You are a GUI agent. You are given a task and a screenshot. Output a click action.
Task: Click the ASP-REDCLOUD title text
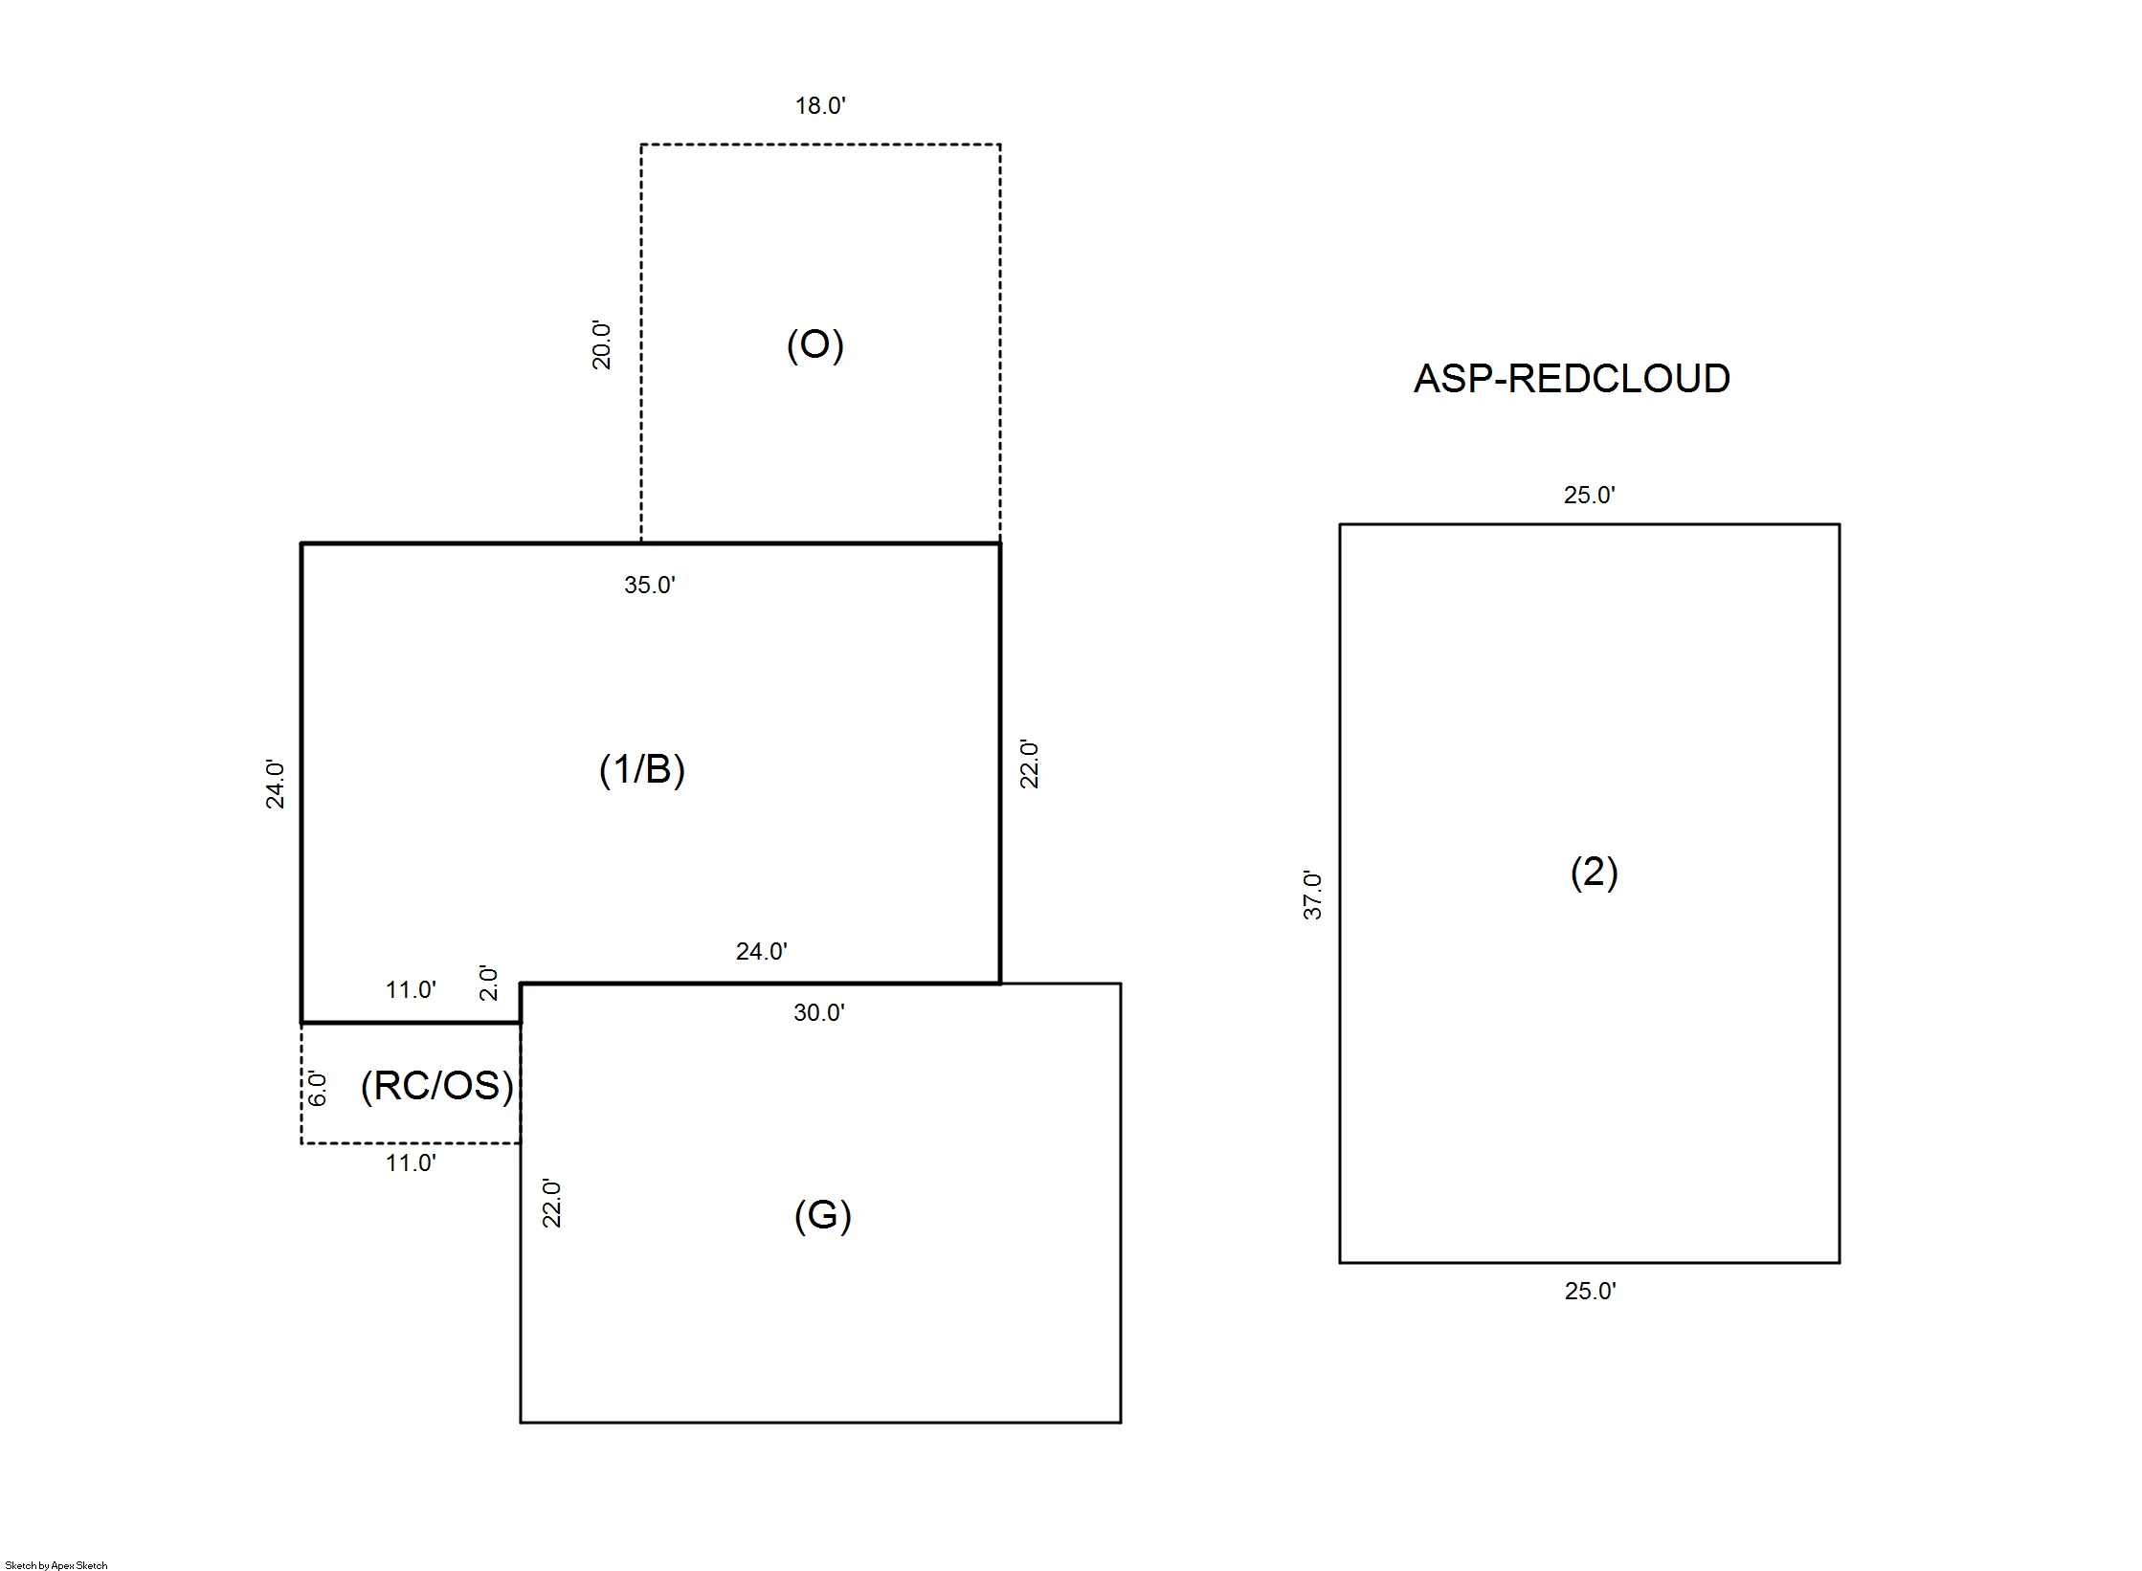tap(1572, 379)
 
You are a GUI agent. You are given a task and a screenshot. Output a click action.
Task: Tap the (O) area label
tap(814, 344)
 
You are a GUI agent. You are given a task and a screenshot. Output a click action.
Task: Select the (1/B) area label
tap(642, 768)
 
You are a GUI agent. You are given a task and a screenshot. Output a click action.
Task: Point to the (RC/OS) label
tap(437, 1086)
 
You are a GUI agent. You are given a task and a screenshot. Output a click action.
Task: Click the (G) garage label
tap(822, 1215)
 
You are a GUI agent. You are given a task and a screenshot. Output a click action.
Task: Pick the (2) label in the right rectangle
tap(1594, 872)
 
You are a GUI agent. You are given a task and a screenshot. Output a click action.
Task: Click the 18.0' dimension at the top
tap(820, 105)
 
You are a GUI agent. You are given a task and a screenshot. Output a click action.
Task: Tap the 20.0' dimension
tap(601, 345)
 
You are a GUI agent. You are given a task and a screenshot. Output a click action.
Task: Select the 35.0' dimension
tap(650, 585)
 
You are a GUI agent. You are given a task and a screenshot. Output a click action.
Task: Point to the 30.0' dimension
tap(819, 1012)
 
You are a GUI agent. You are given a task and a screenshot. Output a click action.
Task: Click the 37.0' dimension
tap(1312, 896)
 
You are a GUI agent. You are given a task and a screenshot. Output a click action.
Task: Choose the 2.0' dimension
tap(488, 983)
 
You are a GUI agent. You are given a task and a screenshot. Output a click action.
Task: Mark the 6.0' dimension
tap(318, 1089)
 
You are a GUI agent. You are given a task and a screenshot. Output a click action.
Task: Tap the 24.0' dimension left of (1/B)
tap(275, 785)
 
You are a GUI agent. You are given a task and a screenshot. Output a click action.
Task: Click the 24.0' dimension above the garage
tap(762, 951)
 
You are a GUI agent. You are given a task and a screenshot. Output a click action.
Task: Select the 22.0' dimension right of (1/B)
tap(1029, 763)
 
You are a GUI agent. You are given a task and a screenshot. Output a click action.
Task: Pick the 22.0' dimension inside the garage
tap(551, 1204)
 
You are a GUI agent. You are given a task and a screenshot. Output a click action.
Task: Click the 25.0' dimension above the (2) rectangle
tap(1590, 495)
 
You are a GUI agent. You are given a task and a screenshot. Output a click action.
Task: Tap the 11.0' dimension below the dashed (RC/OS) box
tap(412, 1162)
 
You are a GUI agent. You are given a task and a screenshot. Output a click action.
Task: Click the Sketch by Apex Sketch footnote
tap(56, 1565)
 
